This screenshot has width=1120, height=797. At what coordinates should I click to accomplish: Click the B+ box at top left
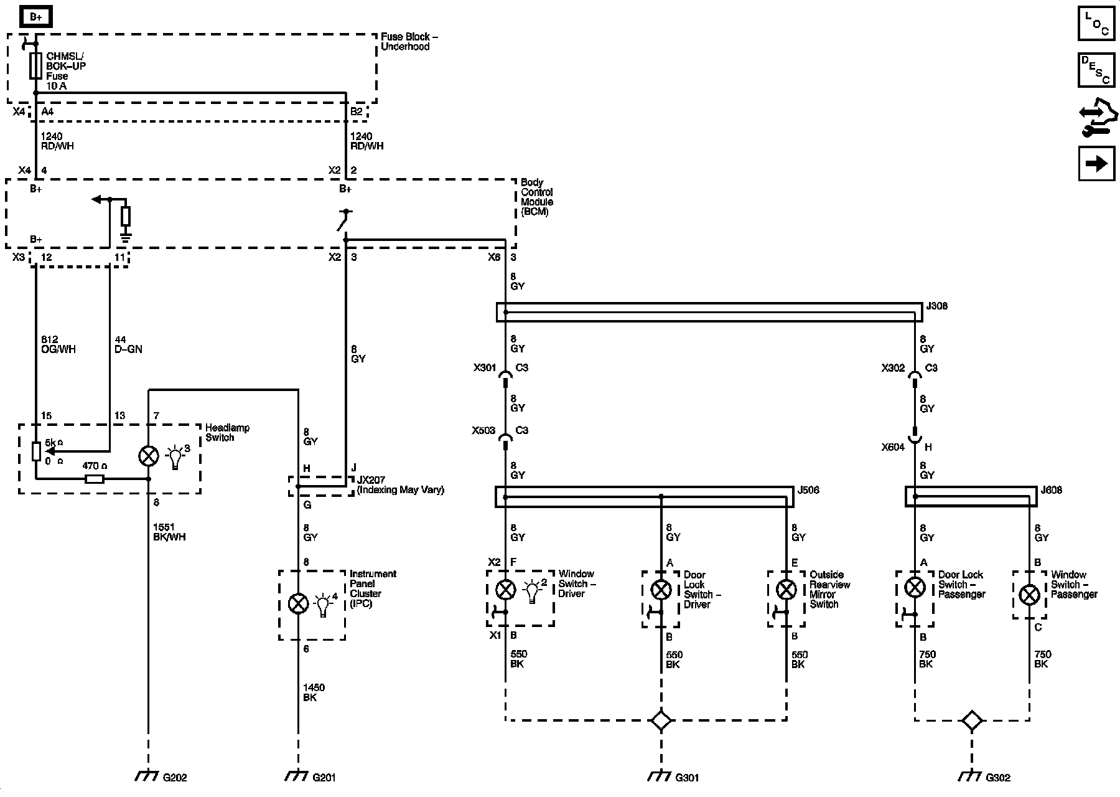click(x=36, y=17)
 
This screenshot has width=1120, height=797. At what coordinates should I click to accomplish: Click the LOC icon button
click(x=1096, y=24)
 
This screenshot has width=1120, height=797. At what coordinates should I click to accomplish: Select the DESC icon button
click(x=1096, y=70)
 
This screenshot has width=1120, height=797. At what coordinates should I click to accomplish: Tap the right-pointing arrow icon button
click(x=1096, y=163)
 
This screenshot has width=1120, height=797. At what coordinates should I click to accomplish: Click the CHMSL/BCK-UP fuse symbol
click(x=36, y=65)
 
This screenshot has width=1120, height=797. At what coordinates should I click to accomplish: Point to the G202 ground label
click(x=175, y=777)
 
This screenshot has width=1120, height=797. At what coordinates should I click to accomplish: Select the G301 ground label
click(x=687, y=777)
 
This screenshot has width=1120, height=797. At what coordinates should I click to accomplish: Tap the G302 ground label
click(x=998, y=777)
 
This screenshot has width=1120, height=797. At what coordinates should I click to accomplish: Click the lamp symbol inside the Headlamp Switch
click(x=148, y=456)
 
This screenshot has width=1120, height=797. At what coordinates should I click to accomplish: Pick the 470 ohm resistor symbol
click(x=95, y=479)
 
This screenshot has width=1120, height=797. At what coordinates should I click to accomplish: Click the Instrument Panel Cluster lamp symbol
click(x=299, y=603)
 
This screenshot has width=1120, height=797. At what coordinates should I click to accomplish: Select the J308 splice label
click(x=937, y=306)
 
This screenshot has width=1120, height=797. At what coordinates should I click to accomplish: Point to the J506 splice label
click(x=808, y=490)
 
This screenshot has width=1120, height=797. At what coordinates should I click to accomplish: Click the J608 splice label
click(x=1052, y=490)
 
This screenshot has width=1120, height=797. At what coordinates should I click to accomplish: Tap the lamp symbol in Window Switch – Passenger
click(x=1030, y=595)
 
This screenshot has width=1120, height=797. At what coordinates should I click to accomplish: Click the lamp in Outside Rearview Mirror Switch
click(x=786, y=588)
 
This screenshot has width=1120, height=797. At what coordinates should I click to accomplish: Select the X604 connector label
click(x=893, y=447)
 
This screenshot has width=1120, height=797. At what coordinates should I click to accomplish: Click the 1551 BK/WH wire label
click(x=169, y=532)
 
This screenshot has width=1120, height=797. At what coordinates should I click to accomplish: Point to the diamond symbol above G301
click(x=661, y=721)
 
